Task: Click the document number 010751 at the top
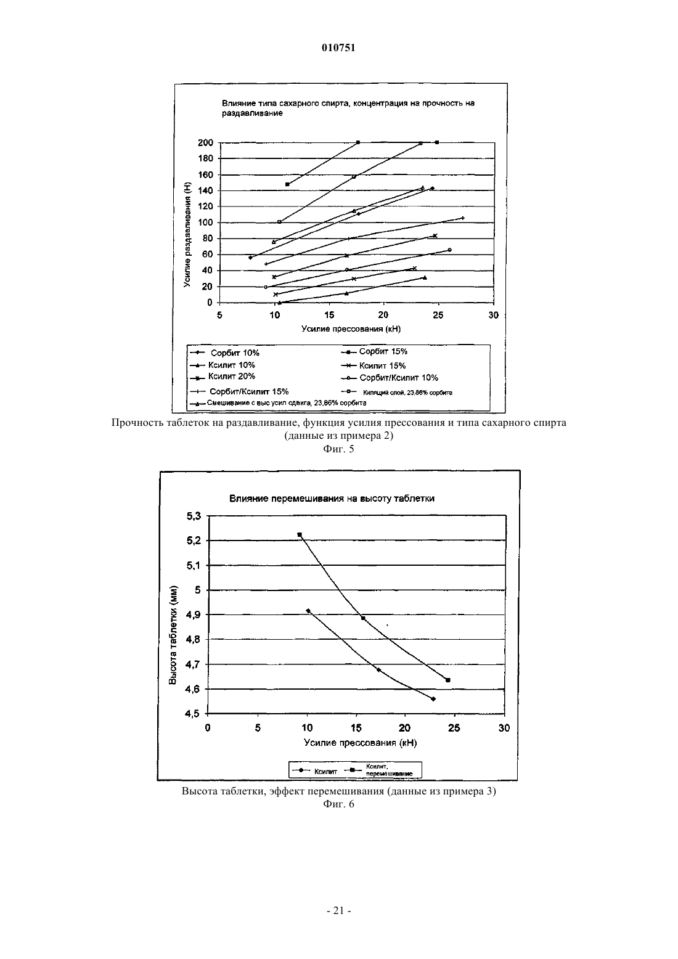point(338,47)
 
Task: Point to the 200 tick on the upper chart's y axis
point(205,142)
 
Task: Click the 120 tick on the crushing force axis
point(205,206)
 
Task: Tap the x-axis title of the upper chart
point(351,329)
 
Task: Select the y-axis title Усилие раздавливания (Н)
point(187,235)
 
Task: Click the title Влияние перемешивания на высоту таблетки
point(332,499)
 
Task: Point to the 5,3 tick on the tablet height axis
point(194,516)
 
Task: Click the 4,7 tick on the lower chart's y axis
point(194,664)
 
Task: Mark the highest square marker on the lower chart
point(300,535)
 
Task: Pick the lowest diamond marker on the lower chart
point(433,699)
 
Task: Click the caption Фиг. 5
point(338,449)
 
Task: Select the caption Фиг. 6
point(338,804)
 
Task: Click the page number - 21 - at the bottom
point(338,911)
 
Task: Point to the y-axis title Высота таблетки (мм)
point(173,634)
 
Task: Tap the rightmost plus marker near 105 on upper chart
point(463,218)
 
